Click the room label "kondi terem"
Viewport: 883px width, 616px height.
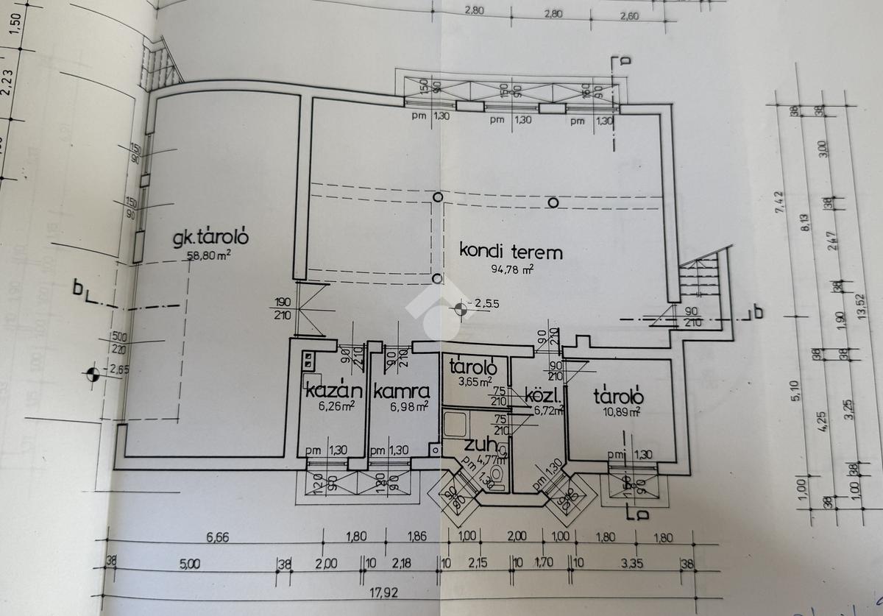511,252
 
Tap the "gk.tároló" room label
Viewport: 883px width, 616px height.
212,238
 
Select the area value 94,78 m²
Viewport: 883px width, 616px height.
512,269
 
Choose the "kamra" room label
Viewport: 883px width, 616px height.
400,391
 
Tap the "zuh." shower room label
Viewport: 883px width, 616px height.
480,445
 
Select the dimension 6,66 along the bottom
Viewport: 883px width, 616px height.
218,538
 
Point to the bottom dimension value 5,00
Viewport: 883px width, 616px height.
189,564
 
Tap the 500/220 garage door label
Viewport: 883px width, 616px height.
118,343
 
